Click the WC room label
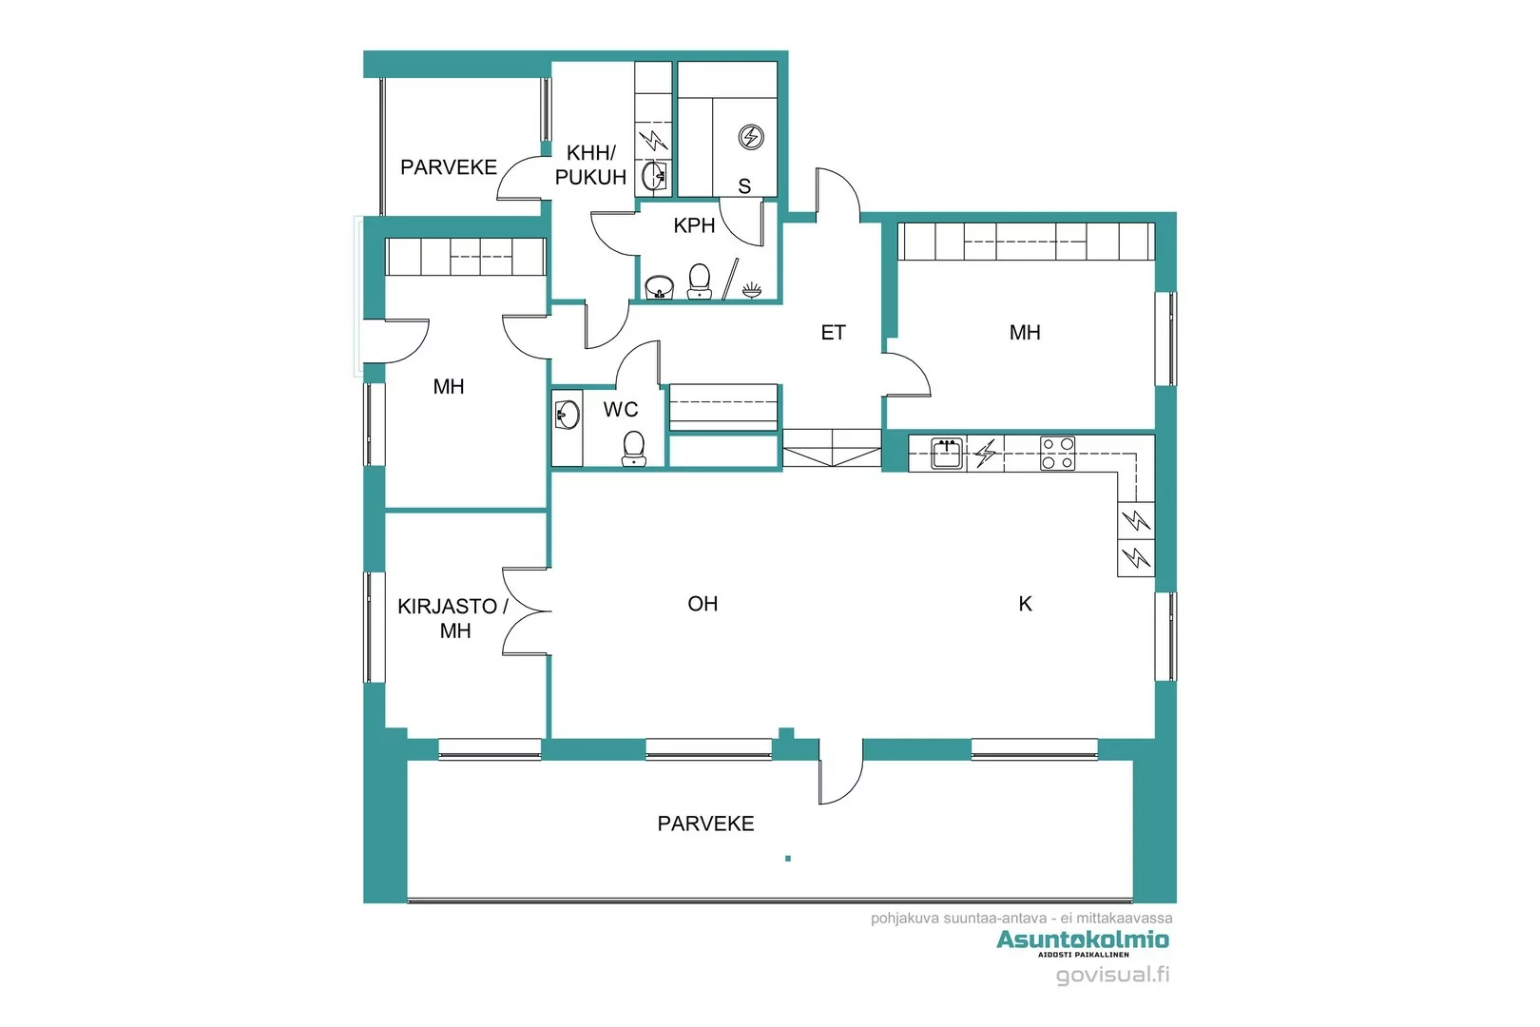[621, 410]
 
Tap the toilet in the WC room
[633, 448]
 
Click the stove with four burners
[1057, 454]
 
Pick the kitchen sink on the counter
[946, 454]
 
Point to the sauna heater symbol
[751, 137]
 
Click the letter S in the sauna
[744, 186]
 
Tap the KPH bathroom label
[694, 225]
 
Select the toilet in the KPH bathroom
[700, 281]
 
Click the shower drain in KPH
[752, 288]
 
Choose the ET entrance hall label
[833, 333]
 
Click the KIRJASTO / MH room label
[453, 618]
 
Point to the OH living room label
[703, 604]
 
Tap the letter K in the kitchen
[1025, 604]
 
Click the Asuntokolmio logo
[1083, 940]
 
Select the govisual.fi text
[1112, 975]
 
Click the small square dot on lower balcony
[788, 859]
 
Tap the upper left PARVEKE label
[449, 167]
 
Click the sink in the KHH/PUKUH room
[654, 176]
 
